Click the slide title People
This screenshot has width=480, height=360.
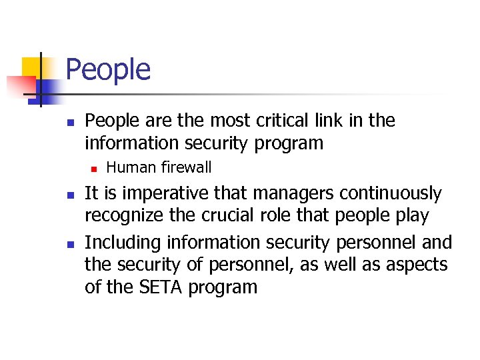tap(109, 69)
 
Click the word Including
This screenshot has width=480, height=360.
tap(123, 242)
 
